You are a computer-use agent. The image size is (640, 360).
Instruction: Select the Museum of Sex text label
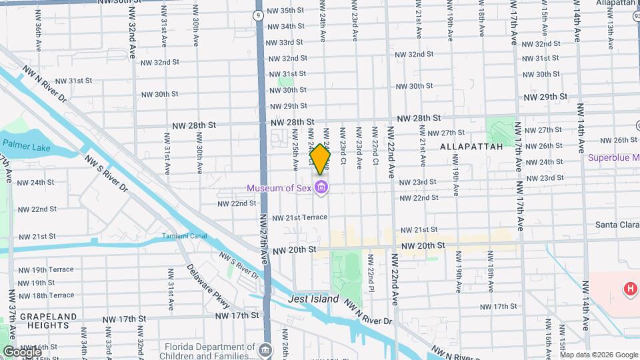tap(279, 188)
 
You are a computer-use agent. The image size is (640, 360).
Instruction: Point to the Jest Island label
tap(313, 299)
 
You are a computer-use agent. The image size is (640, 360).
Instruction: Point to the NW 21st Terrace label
tap(298, 217)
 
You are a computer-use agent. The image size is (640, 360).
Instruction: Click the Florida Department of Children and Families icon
tap(265, 349)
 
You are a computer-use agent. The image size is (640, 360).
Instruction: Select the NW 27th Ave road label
tap(264, 240)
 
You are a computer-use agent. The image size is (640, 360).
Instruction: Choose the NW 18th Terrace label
tap(47, 295)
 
